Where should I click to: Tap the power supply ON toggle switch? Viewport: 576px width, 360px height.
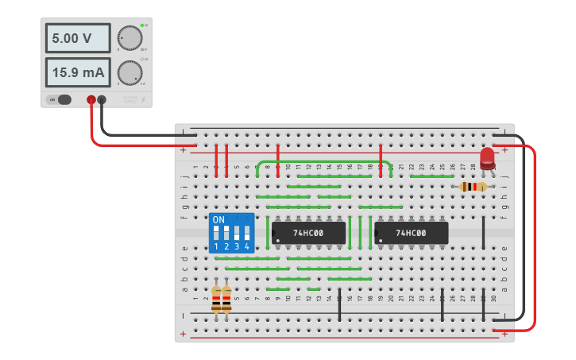[x=61, y=99]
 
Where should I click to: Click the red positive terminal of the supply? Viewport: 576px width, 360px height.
[x=91, y=100]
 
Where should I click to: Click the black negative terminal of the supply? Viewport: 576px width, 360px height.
[x=102, y=100]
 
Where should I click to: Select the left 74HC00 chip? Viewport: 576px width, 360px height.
[x=308, y=233]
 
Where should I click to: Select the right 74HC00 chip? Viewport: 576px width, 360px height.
[x=411, y=233]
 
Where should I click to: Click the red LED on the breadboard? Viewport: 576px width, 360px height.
[x=487, y=157]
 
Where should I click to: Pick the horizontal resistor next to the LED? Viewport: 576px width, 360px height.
[x=474, y=187]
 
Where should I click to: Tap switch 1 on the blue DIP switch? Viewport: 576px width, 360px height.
[x=216, y=234]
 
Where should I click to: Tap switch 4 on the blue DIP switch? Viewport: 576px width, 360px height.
[x=247, y=234]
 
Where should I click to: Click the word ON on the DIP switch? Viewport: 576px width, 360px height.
[x=218, y=219]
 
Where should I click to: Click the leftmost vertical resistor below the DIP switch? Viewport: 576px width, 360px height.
[x=216, y=300]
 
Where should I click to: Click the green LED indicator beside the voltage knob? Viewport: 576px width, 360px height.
[x=141, y=26]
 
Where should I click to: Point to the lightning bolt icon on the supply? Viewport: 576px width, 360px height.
[x=143, y=100]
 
